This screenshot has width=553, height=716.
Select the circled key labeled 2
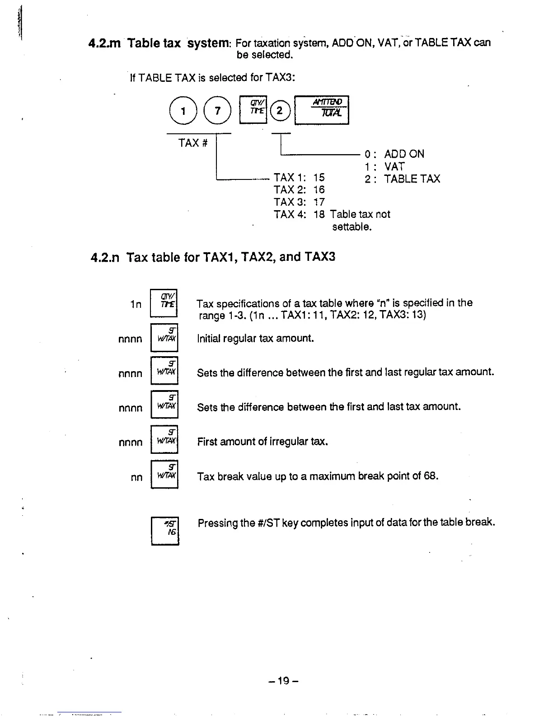[280, 111]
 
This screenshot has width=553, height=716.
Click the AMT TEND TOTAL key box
[321, 110]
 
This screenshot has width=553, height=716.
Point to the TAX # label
[193, 143]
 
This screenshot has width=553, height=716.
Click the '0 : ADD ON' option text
[394, 154]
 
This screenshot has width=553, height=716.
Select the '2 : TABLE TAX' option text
[402, 179]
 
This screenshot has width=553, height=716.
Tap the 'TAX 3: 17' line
[299, 202]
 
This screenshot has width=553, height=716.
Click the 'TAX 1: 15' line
[299, 177]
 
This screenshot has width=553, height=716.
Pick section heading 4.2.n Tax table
[213, 257]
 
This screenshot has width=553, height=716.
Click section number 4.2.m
[105, 43]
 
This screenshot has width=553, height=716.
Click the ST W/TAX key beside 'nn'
[164, 474]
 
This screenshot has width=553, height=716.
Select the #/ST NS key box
[165, 531]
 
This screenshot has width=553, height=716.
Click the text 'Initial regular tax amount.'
[255, 339]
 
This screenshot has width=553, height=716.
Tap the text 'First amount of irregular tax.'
[262, 442]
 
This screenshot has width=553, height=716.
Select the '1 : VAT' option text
[385, 166]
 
